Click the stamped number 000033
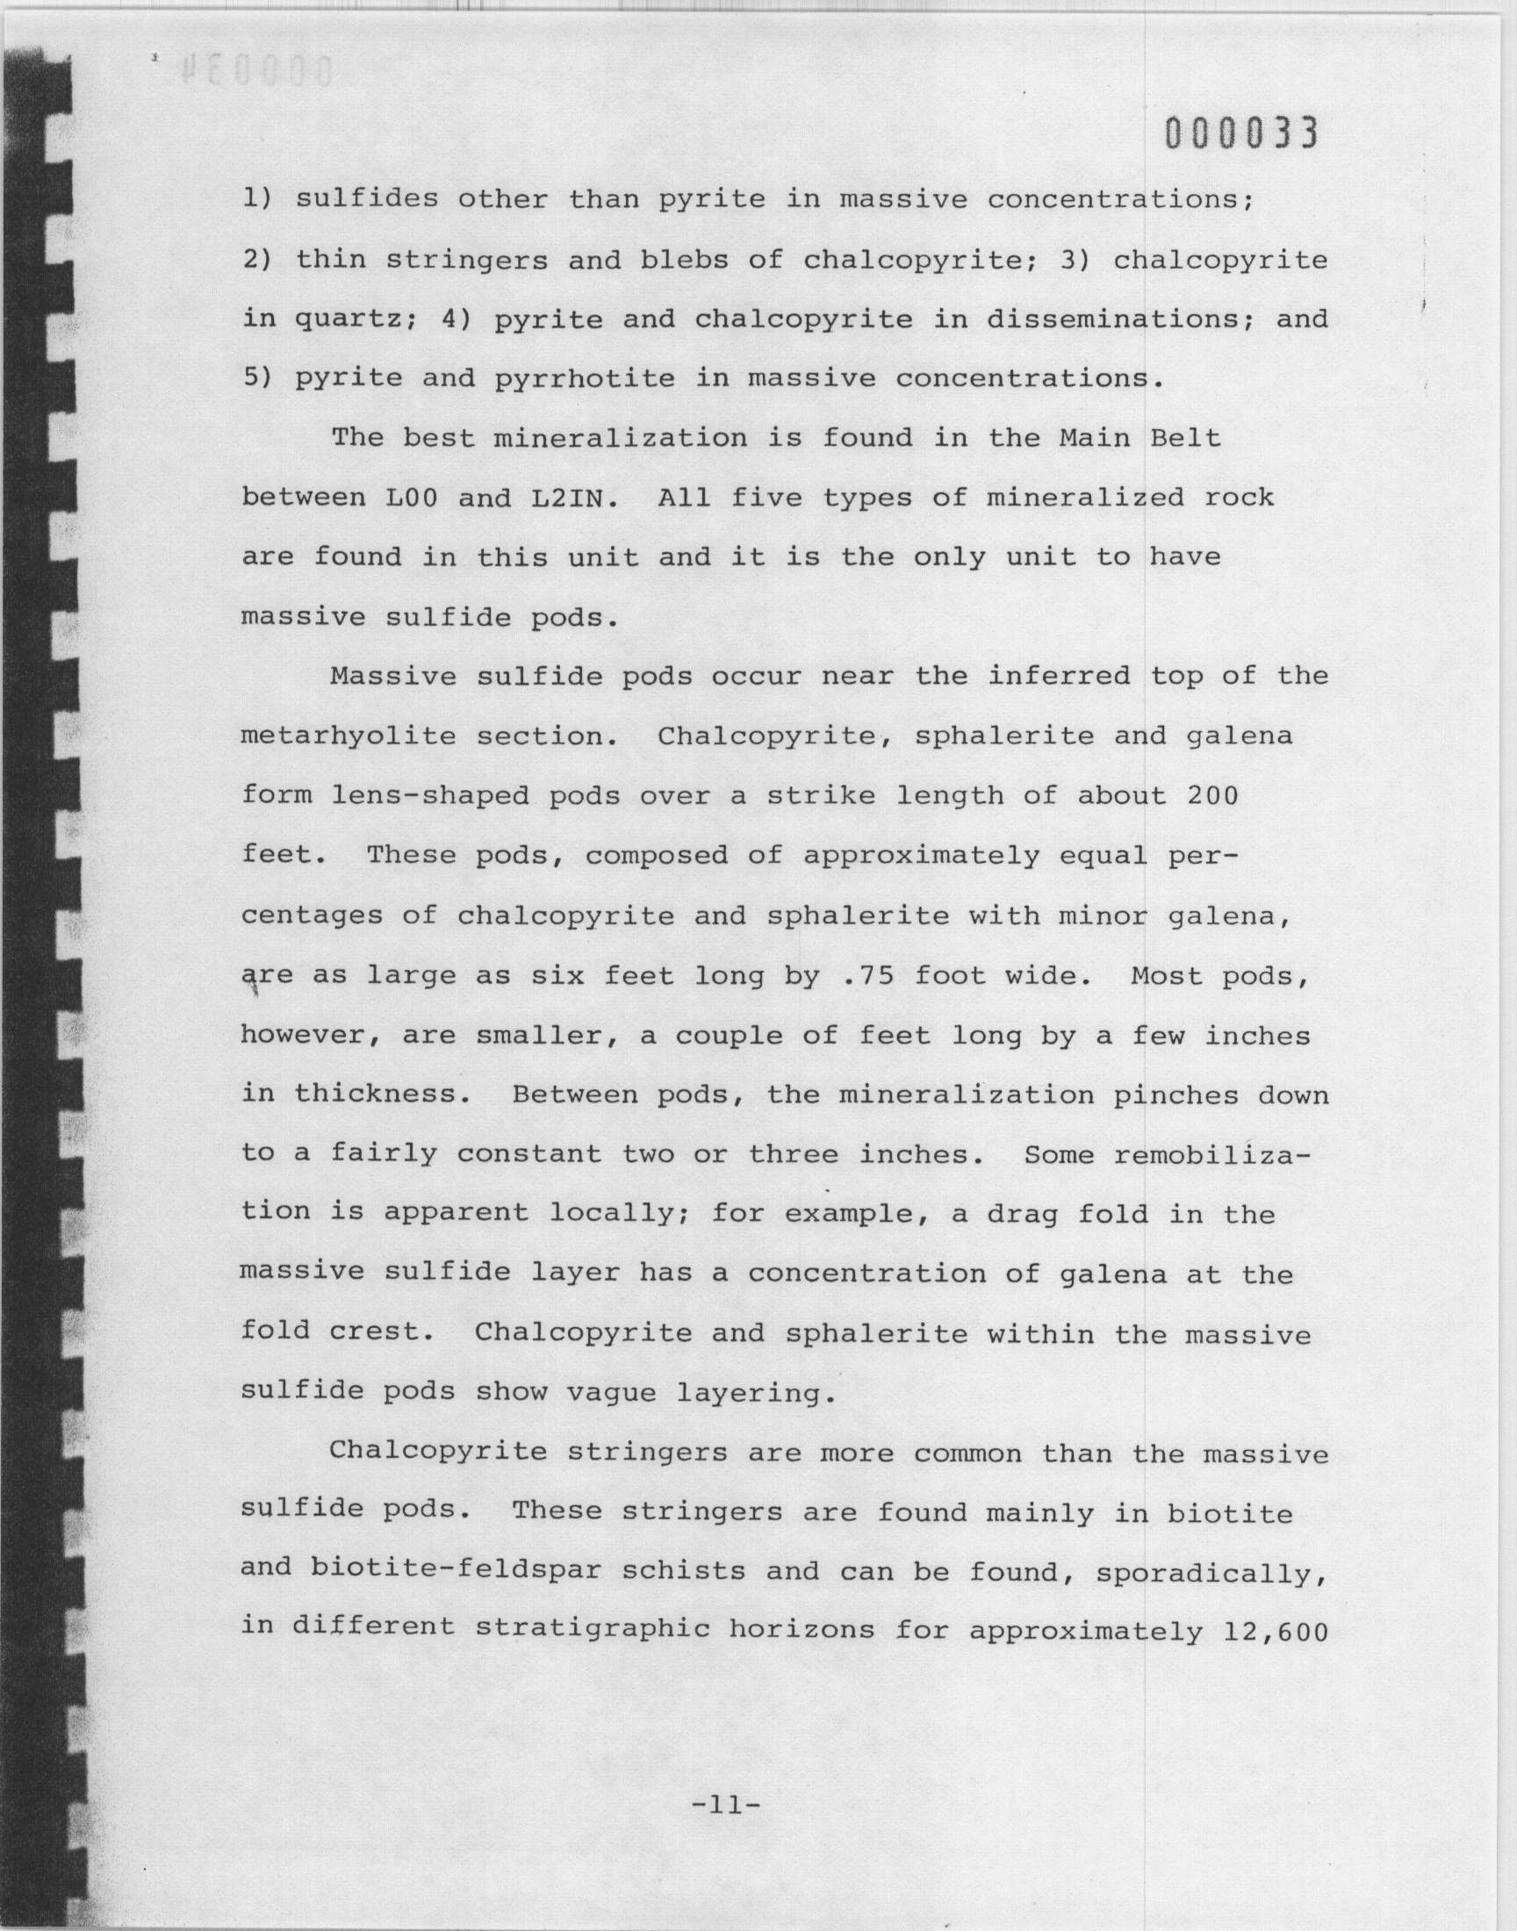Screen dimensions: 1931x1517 1240,134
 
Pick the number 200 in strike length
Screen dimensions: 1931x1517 1212,796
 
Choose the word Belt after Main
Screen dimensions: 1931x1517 1186,439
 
